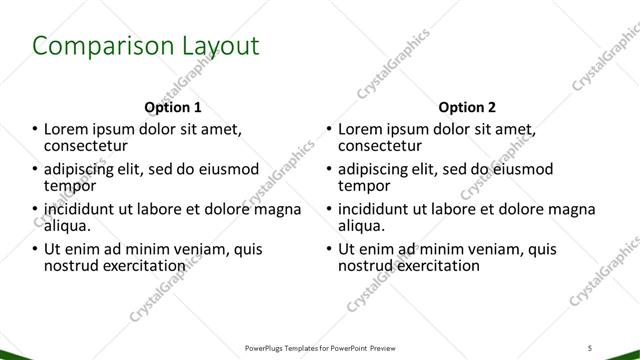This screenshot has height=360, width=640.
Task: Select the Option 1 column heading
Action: (173, 106)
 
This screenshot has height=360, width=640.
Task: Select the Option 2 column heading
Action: (467, 106)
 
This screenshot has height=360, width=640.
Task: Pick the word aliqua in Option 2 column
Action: (361, 226)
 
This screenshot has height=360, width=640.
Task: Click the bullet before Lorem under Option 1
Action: (36, 130)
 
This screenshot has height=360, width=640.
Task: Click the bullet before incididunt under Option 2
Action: (330, 210)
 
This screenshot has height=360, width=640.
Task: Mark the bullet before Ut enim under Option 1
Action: (36, 250)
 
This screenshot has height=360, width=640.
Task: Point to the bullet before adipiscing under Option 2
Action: (330, 170)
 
